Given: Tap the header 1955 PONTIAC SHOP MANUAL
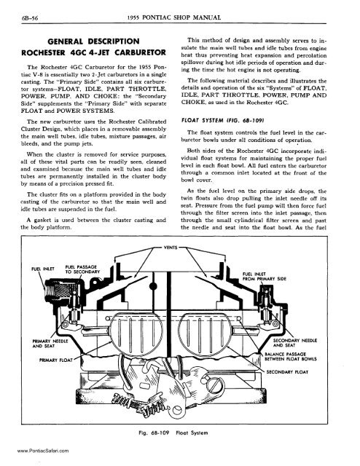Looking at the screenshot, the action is [174, 17].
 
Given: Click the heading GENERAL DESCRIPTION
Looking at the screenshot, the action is [93, 42].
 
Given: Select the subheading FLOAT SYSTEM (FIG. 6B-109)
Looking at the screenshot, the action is [223, 120].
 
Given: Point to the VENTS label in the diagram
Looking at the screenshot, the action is [171, 248].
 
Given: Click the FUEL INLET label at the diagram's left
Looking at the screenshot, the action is [43, 269].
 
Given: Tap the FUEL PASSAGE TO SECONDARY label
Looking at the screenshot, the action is [82, 269].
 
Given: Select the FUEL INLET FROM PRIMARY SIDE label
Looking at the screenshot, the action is [265, 277].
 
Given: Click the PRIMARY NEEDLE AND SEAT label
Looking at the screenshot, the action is [50, 344].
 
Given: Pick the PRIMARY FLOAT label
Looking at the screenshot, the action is [56, 360].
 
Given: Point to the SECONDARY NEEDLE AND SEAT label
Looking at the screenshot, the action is [295, 343].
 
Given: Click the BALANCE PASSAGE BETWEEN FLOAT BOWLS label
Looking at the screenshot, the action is [290, 356].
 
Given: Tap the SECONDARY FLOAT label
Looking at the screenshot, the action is [287, 372].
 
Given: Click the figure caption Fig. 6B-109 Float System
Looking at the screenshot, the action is [173, 433].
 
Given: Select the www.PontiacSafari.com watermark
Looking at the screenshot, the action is [43, 451].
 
